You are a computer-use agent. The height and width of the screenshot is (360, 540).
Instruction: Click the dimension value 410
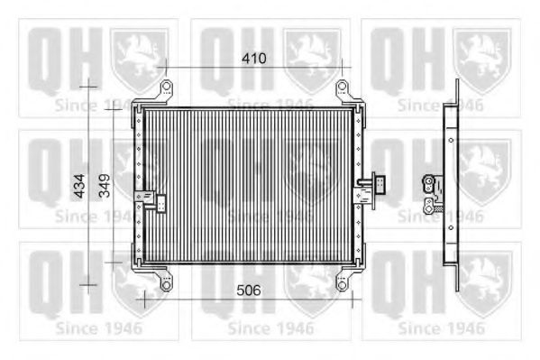(254, 59)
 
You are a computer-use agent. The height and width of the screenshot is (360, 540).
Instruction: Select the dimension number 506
(249, 291)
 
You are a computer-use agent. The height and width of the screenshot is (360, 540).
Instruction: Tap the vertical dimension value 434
(79, 186)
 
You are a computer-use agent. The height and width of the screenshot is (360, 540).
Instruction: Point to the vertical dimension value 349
(105, 186)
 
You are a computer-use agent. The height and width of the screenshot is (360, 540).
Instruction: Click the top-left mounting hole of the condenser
(167, 86)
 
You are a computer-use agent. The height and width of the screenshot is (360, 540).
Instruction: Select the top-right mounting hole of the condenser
(342, 86)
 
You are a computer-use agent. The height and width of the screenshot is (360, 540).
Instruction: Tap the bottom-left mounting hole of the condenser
(167, 285)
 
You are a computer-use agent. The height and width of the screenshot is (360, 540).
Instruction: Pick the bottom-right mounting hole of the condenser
(342, 285)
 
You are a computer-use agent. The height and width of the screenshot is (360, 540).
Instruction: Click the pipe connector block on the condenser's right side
(380, 184)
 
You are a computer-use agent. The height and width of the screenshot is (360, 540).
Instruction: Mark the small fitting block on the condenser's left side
(161, 203)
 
